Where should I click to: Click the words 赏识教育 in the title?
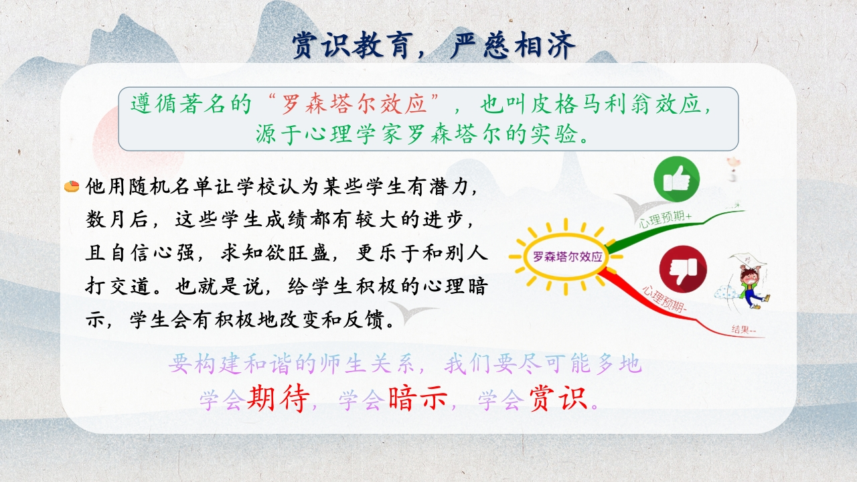pyautogui.click(x=352, y=46)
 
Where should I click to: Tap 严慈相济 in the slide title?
pyautogui.click(x=513, y=46)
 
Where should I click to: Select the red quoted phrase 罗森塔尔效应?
pyautogui.click(x=354, y=103)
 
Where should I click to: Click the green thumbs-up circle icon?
pyautogui.click(x=676, y=179)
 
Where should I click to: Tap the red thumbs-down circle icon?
pyautogui.click(x=683, y=269)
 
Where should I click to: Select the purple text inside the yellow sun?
pyautogui.click(x=568, y=256)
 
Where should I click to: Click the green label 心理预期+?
pyautogui.click(x=665, y=219)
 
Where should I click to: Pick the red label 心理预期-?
pyautogui.click(x=664, y=299)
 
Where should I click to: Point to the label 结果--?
pyautogui.click(x=744, y=329)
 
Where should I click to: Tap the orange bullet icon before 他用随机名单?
pyautogui.click(x=72, y=186)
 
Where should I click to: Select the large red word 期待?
pyautogui.click(x=278, y=399)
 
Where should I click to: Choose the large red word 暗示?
pyautogui.click(x=418, y=399)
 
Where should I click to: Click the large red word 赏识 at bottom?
pyautogui.click(x=558, y=399)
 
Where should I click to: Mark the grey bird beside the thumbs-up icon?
pyautogui.click(x=639, y=207)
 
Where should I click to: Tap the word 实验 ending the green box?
pyautogui.click(x=553, y=134)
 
